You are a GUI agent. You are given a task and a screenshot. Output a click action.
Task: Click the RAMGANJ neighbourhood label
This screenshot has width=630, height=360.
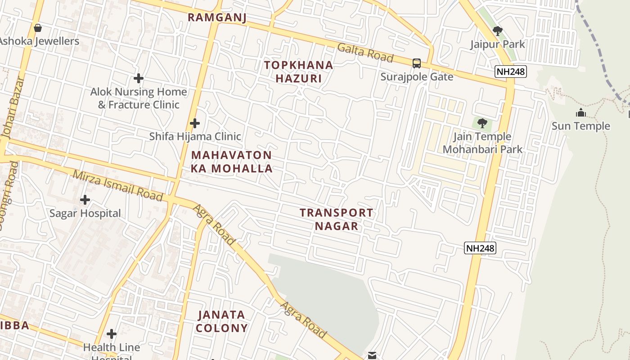point(217,18)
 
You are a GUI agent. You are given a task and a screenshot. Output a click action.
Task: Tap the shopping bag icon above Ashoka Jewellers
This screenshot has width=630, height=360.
point(38,28)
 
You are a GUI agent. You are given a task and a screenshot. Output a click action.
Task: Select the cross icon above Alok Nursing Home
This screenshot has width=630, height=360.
point(138,79)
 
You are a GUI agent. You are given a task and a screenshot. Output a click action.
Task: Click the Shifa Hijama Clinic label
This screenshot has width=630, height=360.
point(195,136)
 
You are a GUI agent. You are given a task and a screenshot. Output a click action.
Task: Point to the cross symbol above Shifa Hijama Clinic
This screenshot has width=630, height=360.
point(194,123)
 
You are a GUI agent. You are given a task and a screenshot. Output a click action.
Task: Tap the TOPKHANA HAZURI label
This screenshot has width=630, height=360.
point(298,72)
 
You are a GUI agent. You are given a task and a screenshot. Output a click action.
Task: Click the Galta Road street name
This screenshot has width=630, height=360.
point(365,53)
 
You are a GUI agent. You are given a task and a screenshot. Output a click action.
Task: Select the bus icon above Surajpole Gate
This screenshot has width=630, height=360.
point(417,63)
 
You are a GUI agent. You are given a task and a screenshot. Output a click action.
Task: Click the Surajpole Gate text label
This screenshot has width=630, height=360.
point(417,76)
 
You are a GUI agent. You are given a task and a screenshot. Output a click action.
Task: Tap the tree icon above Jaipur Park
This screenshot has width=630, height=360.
point(497,31)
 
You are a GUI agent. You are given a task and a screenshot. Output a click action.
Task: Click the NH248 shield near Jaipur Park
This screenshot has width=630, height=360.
point(510,72)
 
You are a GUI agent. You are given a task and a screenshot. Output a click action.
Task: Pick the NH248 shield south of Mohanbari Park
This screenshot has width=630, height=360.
point(480,248)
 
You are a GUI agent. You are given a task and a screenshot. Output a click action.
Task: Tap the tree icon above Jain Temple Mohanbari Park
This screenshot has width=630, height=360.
point(482,123)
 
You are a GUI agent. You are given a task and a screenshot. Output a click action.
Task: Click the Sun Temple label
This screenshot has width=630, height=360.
point(580,126)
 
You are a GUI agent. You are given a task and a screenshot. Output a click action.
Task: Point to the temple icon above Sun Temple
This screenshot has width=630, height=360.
point(580,113)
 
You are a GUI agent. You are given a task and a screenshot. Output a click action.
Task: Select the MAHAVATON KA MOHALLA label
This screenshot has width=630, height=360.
point(232,162)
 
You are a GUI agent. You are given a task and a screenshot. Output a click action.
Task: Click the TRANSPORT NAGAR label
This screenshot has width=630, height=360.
point(336,219)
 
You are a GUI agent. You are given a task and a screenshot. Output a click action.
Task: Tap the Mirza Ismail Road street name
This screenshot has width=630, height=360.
point(117,185)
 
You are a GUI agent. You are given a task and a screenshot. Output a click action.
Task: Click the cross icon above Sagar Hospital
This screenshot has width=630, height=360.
point(85,200)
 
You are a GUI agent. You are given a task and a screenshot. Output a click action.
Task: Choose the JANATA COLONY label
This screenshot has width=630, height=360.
point(221,321)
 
